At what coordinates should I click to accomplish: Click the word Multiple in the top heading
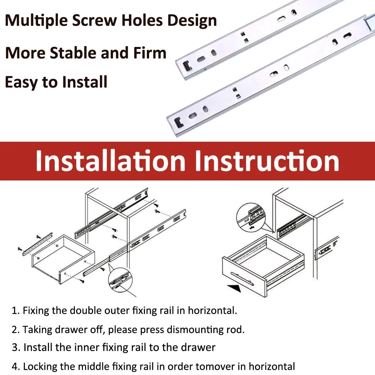[x=36, y=20]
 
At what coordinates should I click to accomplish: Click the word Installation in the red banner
[x=110, y=161]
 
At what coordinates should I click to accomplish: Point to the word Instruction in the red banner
[x=267, y=161]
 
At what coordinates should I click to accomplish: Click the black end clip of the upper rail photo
[x=187, y=66]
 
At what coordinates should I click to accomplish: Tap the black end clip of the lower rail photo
[x=179, y=123]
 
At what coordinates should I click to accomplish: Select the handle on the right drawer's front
[x=242, y=279]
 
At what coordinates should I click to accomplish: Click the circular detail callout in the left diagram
[x=120, y=280]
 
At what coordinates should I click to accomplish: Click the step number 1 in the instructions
[x=15, y=311]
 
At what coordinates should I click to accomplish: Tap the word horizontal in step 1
[x=212, y=310]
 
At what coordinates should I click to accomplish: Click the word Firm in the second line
[x=150, y=53]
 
